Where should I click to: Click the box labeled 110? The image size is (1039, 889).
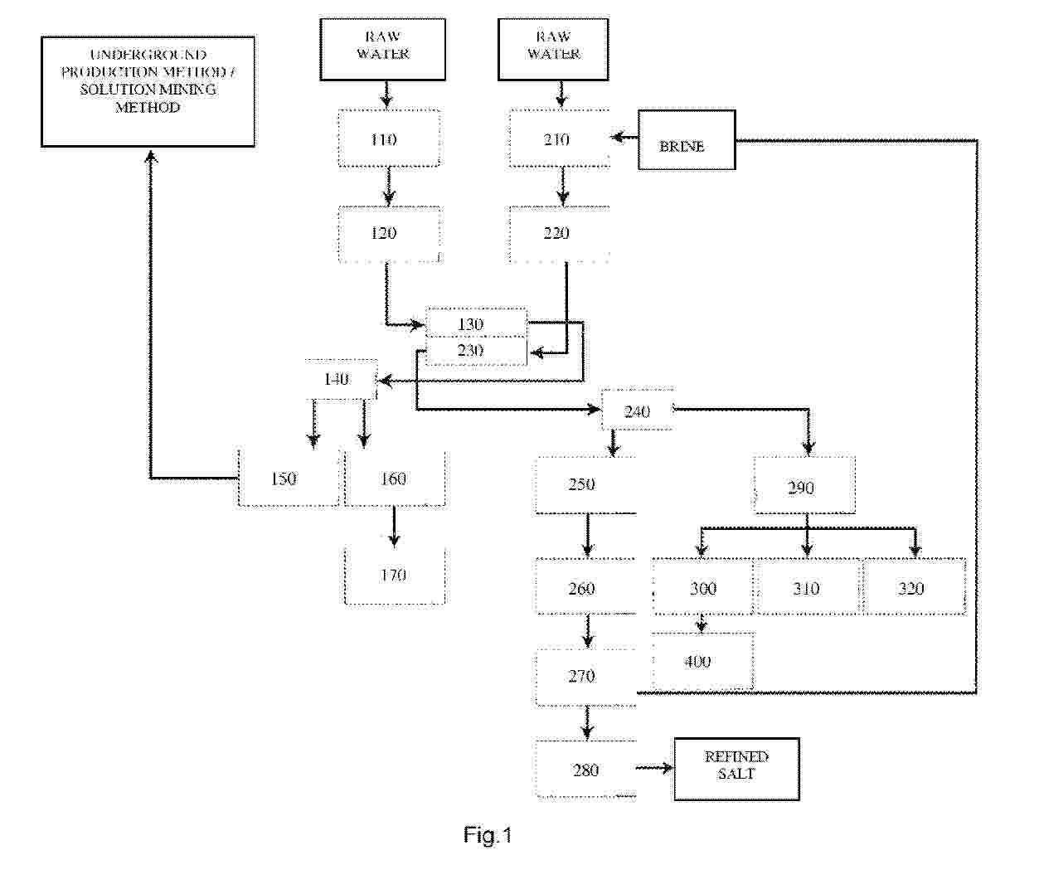[388, 139]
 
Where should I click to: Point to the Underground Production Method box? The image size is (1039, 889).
[148, 91]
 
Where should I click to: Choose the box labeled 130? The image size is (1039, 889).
[476, 323]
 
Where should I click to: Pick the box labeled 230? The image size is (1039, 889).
[476, 351]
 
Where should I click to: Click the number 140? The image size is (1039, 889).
[337, 380]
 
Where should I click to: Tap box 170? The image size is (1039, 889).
[394, 576]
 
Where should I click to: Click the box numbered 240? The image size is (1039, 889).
[637, 411]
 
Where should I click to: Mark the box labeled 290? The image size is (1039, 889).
[804, 486]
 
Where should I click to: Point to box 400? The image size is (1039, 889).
[702, 661]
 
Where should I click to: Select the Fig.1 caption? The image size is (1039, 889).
[488, 835]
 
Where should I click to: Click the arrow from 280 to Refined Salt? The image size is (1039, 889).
[655, 769]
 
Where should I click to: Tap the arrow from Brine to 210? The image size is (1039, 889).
[624, 138]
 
